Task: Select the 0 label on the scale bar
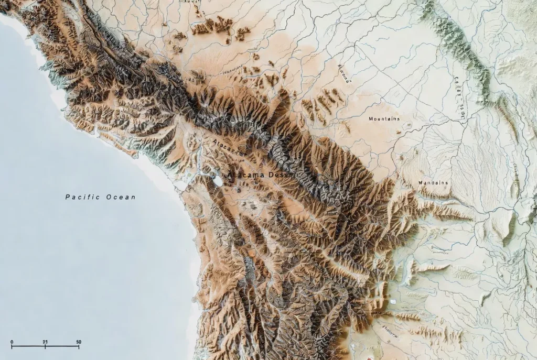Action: [x=12, y=342]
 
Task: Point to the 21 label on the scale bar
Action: [x=45, y=342]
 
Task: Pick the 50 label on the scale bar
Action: [x=79, y=342]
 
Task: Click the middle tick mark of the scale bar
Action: [x=45, y=347]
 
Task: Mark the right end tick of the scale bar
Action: [x=79, y=347]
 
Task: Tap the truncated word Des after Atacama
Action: [x=277, y=174]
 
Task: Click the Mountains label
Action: [x=384, y=119]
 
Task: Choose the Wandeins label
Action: [x=433, y=183]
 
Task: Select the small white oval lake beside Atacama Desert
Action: [x=216, y=181]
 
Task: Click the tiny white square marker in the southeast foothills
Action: [x=392, y=303]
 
